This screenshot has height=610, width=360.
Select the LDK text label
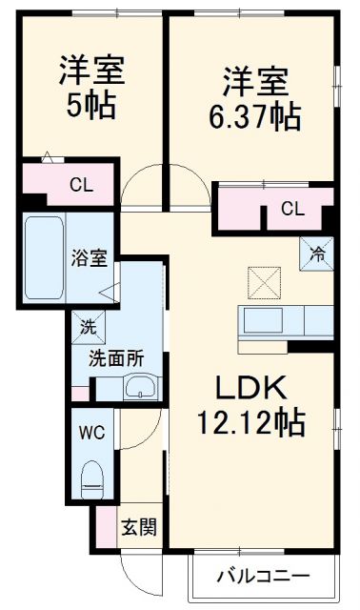(x=250, y=390)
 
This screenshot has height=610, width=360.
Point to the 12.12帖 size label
(x=250, y=418)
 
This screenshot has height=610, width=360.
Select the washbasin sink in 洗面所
(x=140, y=388)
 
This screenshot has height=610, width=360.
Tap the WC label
(x=92, y=431)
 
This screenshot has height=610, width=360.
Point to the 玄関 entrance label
(x=132, y=526)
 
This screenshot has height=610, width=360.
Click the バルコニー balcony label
(x=262, y=576)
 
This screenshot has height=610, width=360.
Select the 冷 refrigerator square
(x=316, y=253)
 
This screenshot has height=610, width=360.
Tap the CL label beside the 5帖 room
(x=81, y=185)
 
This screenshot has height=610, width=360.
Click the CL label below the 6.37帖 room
(x=293, y=209)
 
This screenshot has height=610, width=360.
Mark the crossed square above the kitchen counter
(x=261, y=281)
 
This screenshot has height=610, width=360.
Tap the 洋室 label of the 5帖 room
(x=92, y=71)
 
